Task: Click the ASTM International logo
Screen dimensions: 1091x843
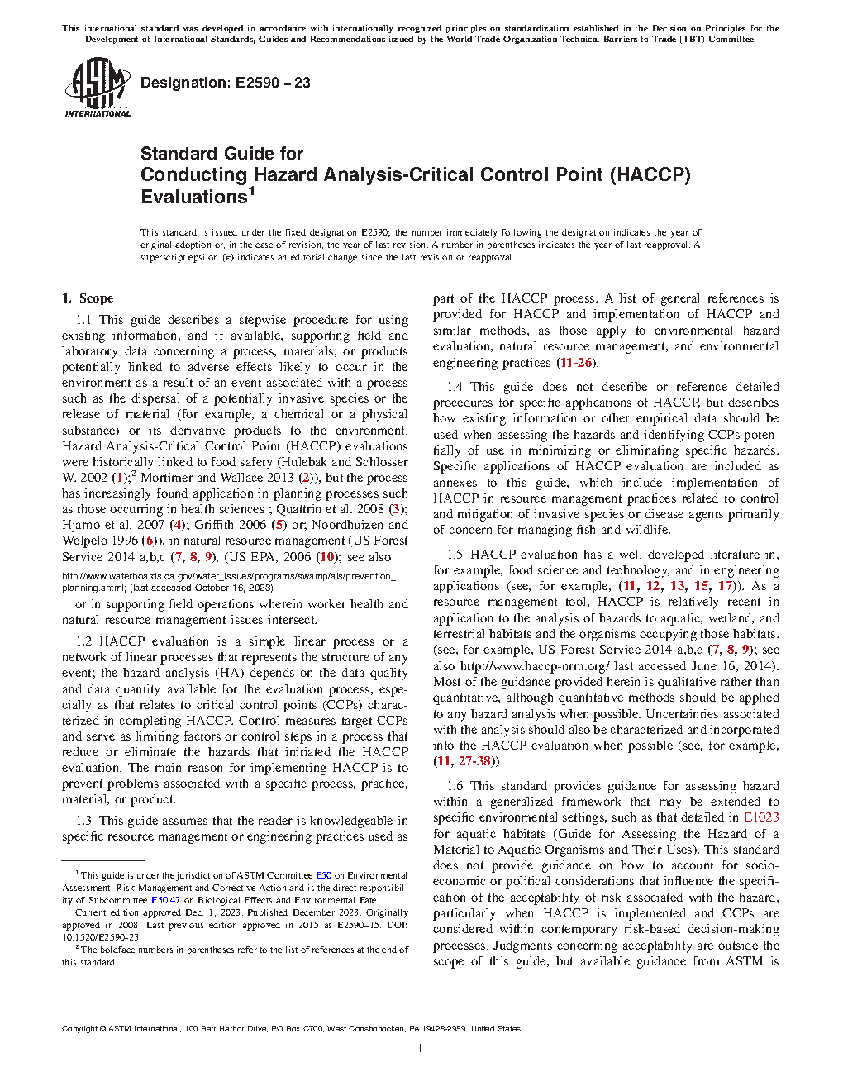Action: pos(97,88)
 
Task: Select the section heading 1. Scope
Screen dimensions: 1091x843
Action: pos(88,298)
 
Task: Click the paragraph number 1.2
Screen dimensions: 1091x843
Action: pos(83,641)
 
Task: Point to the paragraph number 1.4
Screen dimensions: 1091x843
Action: pos(455,387)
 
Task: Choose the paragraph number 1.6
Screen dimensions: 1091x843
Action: pos(455,786)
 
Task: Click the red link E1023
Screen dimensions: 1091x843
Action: pos(761,817)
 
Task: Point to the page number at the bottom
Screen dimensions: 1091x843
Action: pos(421,1049)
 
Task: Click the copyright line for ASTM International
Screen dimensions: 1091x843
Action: pos(291,1029)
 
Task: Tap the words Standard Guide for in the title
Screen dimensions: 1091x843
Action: pos(221,154)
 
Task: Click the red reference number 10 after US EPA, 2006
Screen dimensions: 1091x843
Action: pos(327,557)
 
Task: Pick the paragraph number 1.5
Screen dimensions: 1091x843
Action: pos(455,555)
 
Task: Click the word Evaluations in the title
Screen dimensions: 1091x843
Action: pos(194,198)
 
